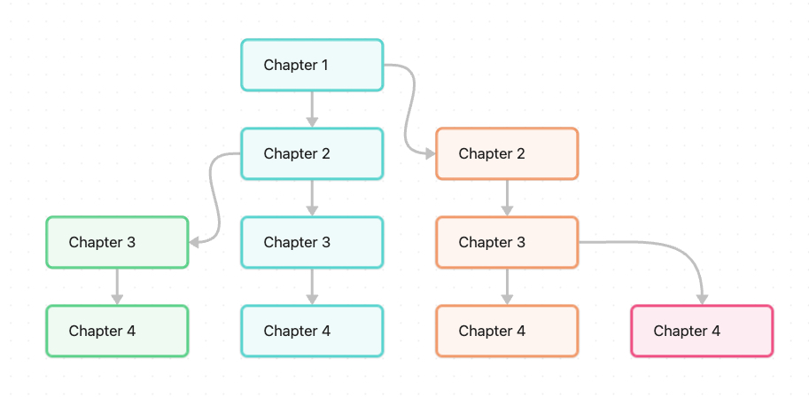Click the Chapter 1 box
[312, 65]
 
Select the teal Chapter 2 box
[312, 153]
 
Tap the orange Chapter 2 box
[507, 153]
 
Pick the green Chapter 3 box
[117, 243]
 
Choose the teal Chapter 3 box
[312, 243]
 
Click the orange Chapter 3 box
[507, 243]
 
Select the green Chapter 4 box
[117, 332]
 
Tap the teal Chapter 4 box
[312, 332]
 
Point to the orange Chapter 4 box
[507, 332]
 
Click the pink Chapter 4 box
[702, 332]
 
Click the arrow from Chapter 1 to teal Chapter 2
[312, 109]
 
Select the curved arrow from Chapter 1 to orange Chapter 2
[409, 109]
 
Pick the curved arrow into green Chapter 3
[214, 198]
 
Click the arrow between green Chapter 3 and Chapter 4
[117, 287]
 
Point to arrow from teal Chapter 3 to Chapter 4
[312, 287]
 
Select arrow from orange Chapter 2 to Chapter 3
[507, 198]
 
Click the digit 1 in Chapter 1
[325, 65]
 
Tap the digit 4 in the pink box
[716, 332]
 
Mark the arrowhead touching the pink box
[702, 300]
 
